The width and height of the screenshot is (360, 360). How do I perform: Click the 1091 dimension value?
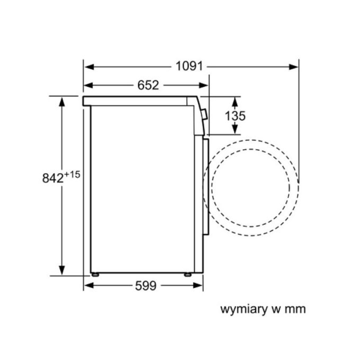coord(189,67)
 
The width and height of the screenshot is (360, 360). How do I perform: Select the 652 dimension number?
coord(148,85)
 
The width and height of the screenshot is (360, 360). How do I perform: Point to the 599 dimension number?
coord(145,286)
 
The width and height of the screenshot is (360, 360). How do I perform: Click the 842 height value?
coord(53,178)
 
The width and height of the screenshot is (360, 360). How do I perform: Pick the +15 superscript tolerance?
coord(73,174)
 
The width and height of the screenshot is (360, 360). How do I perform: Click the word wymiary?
coord(244,309)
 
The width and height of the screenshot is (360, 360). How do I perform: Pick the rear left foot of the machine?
coord(95,275)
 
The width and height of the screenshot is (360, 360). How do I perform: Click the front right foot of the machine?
coord(188,275)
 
